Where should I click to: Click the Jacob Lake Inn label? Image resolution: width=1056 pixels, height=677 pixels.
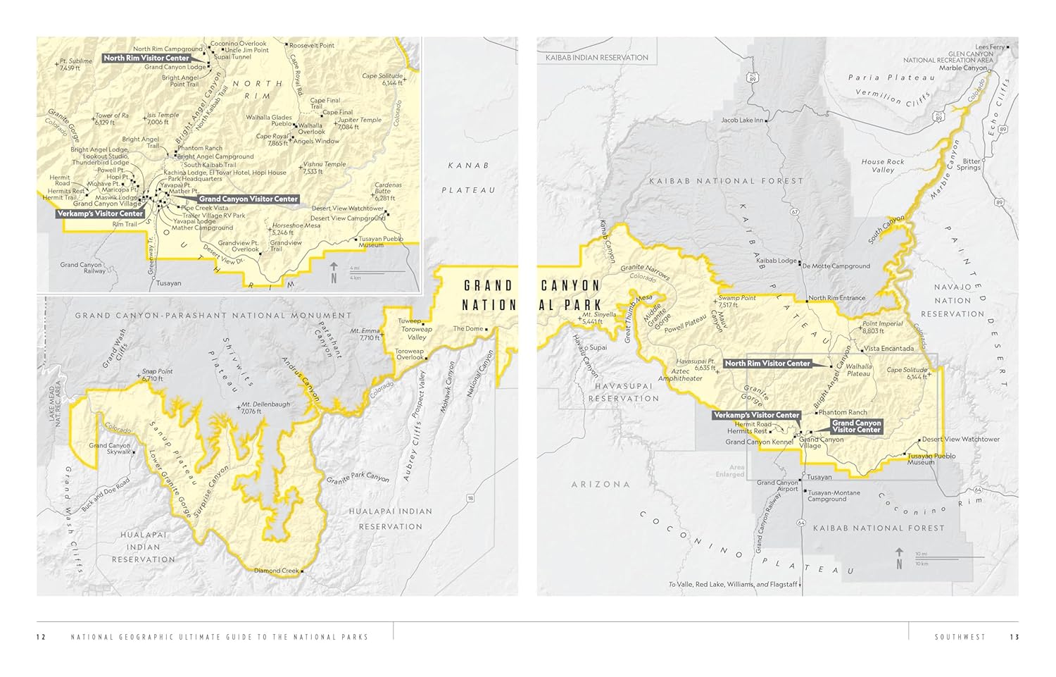(742, 120)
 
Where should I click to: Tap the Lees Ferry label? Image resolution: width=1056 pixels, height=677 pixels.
(990, 47)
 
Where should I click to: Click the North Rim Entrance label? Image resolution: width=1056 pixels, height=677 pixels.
(836, 298)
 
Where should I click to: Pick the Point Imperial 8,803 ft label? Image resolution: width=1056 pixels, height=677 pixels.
(882, 328)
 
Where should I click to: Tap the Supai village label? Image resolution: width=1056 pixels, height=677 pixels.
(598, 347)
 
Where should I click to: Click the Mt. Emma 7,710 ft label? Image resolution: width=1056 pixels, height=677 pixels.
(365, 334)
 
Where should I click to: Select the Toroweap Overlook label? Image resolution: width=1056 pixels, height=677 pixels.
(409, 354)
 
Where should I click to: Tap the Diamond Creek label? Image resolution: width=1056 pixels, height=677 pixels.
(276, 571)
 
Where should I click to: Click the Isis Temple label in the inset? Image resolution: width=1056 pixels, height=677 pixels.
(163, 118)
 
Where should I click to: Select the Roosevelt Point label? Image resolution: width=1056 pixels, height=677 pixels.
(312, 45)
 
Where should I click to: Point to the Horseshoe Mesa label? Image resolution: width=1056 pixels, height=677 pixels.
(296, 228)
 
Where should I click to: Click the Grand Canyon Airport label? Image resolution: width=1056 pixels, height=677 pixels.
(777, 486)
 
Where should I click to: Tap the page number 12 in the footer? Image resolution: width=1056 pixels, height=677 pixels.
(41, 638)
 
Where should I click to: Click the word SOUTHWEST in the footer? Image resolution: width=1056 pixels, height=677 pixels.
(960, 638)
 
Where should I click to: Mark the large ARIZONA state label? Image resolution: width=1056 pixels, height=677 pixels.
(601, 485)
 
